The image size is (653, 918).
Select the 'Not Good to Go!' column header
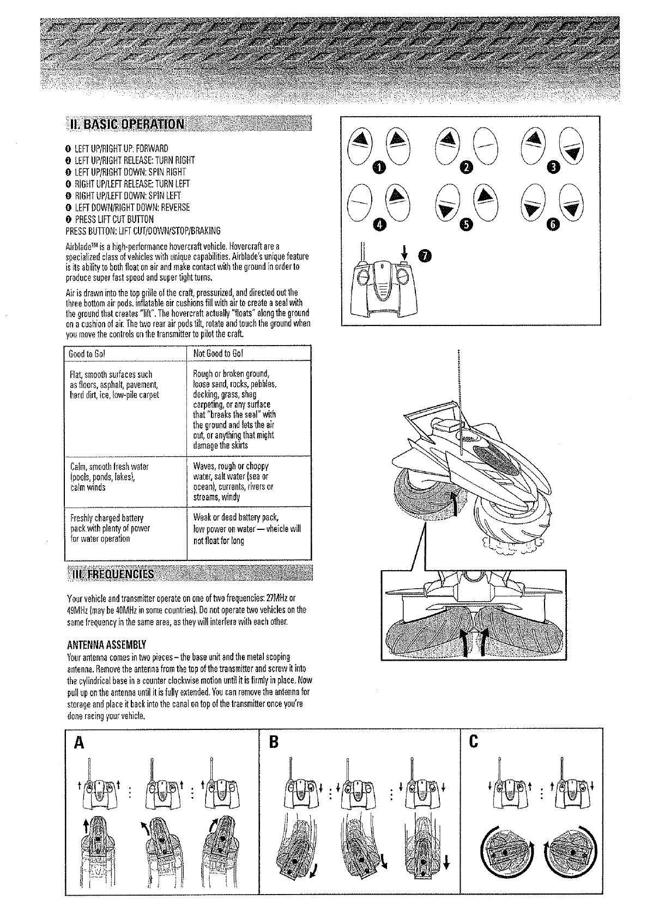[218, 353]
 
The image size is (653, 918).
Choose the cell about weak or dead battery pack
[240, 529]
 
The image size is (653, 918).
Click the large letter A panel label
[79, 743]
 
